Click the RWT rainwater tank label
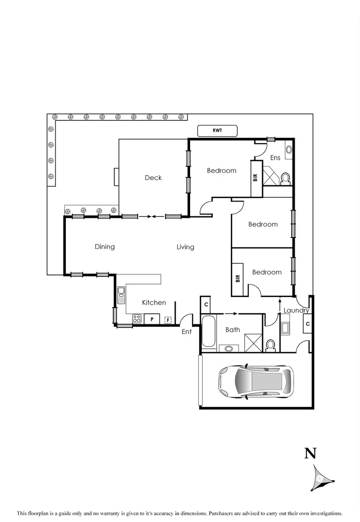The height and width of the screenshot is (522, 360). pyautogui.click(x=217, y=130)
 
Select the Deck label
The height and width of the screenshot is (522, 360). pyautogui.click(x=153, y=178)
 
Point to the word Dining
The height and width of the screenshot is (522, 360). pyautogui.click(x=105, y=247)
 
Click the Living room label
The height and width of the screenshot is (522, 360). pyautogui.click(x=185, y=247)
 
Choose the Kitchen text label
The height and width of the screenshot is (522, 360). pyautogui.click(x=154, y=302)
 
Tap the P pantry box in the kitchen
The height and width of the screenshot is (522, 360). pyautogui.click(x=152, y=319)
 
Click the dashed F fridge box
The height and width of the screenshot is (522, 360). pyautogui.click(x=168, y=319)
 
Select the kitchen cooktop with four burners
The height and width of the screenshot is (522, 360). pyautogui.click(x=137, y=319)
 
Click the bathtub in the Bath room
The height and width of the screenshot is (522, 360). pyautogui.click(x=209, y=332)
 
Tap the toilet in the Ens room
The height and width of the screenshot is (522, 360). pyautogui.click(x=285, y=178)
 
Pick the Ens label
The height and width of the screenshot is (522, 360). pyautogui.click(x=275, y=158)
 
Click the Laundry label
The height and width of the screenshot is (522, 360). pyautogui.click(x=296, y=310)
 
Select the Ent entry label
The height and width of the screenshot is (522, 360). pyautogui.click(x=187, y=332)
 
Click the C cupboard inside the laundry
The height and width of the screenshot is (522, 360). pyautogui.click(x=307, y=324)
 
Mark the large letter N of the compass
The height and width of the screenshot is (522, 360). pyautogui.click(x=311, y=452)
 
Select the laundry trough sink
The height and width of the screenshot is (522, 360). pyautogui.click(x=285, y=328)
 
